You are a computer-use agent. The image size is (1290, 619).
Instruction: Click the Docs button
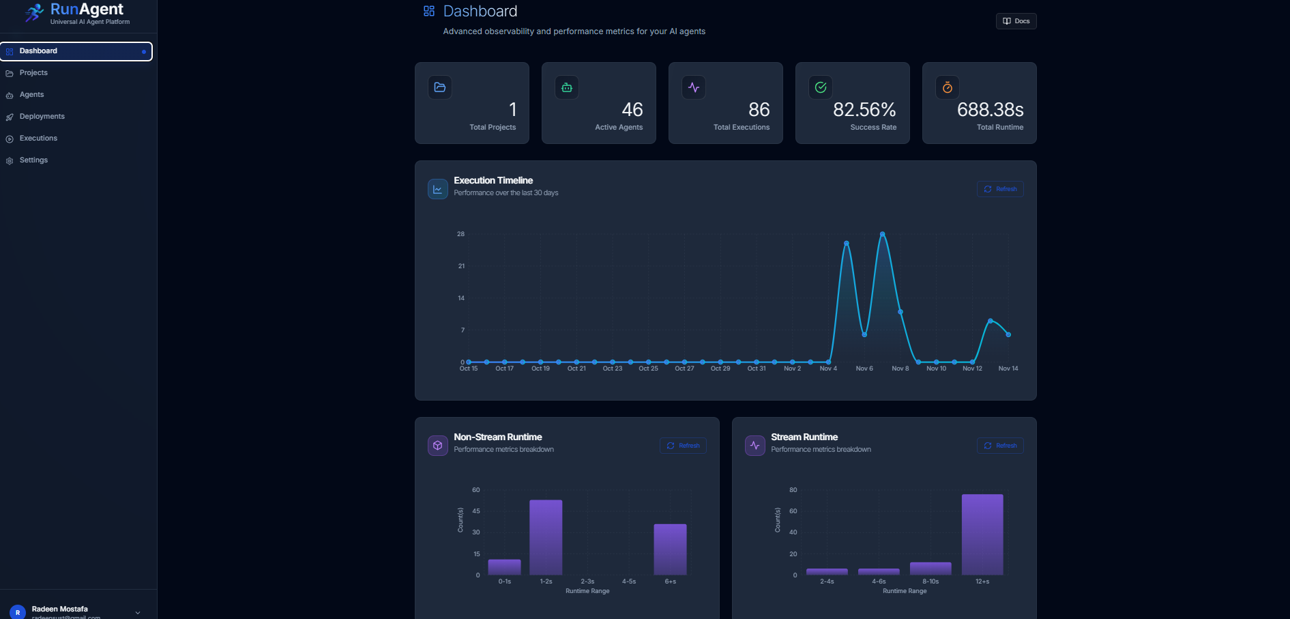pos(1016,21)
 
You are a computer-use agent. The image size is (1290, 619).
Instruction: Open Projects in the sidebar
pos(33,73)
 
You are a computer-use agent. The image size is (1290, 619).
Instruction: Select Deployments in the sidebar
pos(42,117)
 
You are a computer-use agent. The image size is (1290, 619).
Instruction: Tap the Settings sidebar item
pos(33,160)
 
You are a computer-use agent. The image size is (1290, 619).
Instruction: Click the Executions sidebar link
pos(38,139)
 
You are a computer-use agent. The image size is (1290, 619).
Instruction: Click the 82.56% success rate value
pos(864,110)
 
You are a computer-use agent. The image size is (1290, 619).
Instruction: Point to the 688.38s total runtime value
pos(990,110)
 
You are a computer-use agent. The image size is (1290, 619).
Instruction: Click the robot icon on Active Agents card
pos(567,87)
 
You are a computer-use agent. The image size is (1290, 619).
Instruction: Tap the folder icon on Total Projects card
pos(440,87)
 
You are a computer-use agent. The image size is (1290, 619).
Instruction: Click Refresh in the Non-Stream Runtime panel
pos(683,446)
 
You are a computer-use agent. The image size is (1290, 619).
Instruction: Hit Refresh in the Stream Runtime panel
pos(1000,446)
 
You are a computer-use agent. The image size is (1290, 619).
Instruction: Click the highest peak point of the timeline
pos(883,234)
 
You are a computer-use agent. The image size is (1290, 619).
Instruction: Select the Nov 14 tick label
pos(1008,369)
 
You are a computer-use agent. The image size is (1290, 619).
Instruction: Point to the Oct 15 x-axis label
pos(469,369)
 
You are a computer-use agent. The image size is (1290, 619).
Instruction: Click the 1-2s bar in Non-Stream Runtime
pos(546,538)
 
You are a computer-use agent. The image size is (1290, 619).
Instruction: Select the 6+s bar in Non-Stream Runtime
pos(670,549)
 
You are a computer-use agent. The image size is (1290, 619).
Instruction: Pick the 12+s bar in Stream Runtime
pos(982,534)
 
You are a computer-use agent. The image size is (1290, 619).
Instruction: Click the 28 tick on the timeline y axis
pos(461,234)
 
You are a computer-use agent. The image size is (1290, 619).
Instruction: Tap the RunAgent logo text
pos(87,10)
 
